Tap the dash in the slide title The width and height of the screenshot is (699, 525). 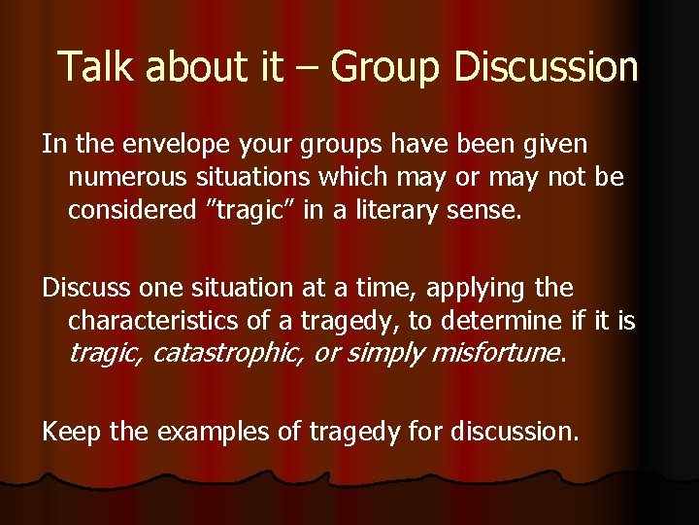pyautogui.click(x=310, y=68)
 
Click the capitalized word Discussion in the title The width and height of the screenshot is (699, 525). pyautogui.click(x=546, y=66)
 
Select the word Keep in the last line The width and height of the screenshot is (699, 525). pyautogui.click(x=71, y=430)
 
